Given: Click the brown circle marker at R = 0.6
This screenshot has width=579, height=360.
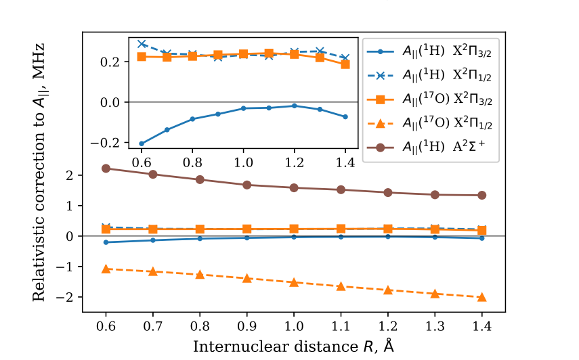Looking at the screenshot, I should tap(106, 168).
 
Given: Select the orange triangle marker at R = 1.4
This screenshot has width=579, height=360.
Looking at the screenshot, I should tap(481, 297).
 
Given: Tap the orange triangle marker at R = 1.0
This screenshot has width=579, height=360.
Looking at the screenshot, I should tap(294, 282).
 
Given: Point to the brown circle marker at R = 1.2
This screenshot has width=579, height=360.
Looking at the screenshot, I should tap(388, 192).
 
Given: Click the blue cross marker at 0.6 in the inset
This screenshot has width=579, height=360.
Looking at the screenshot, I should tap(142, 44).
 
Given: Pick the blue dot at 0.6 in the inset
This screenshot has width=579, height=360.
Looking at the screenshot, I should tap(142, 143).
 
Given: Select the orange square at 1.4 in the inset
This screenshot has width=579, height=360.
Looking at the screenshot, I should tap(345, 64).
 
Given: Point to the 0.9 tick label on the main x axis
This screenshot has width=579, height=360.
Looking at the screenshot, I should tap(246, 325).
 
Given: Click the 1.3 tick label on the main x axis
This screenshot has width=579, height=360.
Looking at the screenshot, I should tap(435, 325).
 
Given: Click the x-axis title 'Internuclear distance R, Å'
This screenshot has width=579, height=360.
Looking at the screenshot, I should tap(293, 346).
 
